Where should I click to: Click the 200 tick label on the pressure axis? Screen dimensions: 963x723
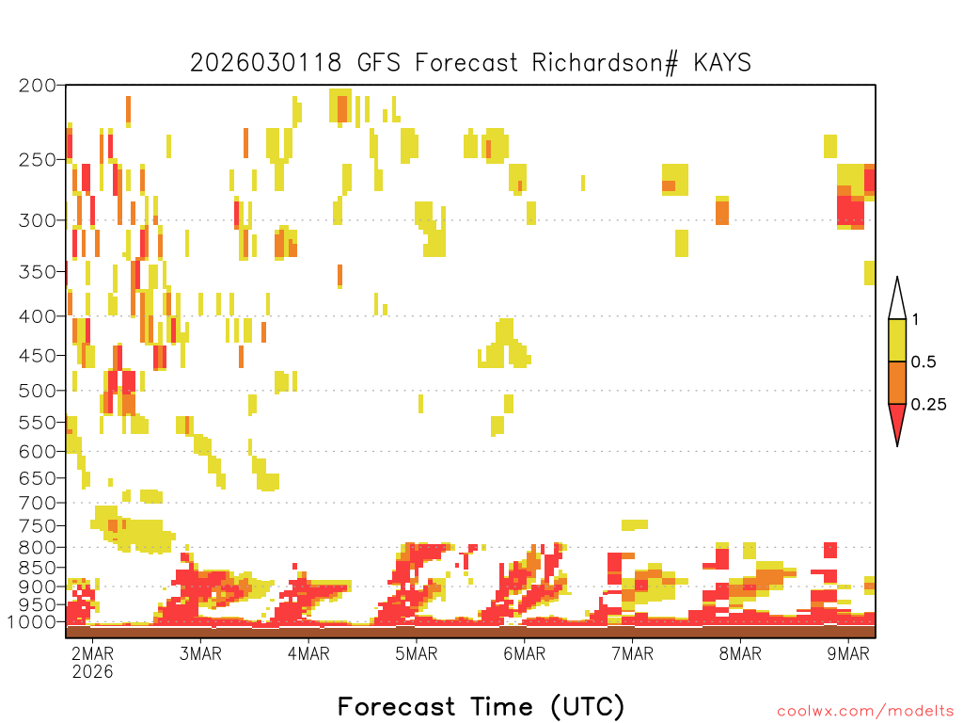(37, 86)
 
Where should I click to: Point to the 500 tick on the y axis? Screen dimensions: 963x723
(37, 391)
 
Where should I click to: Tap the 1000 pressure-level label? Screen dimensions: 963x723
(31, 621)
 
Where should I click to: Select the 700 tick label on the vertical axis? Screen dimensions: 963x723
(37, 503)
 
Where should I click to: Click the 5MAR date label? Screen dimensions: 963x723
(417, 653)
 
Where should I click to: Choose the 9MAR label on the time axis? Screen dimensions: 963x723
(848, 653)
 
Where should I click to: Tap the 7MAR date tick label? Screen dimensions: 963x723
(633, 653)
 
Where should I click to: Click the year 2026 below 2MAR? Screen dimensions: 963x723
(93, 671)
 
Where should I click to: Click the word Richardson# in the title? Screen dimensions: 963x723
(605, 63)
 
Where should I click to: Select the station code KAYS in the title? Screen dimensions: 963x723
(722, 63)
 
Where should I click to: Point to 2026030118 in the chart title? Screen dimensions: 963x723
(265, 63)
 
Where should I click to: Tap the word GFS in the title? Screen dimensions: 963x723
(378, 63)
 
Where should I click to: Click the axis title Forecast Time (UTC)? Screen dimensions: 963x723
(481, 706)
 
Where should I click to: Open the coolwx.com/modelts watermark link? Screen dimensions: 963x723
(866, 712)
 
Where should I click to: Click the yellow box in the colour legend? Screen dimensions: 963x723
(897, 340)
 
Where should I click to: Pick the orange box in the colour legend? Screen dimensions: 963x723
(897, 382)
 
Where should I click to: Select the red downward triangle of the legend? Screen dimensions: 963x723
(897, 421)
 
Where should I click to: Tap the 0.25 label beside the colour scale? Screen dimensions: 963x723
(928, 405)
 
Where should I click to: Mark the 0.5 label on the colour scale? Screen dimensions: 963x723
(924, 361)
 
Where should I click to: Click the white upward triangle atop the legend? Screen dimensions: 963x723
(897, 302)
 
